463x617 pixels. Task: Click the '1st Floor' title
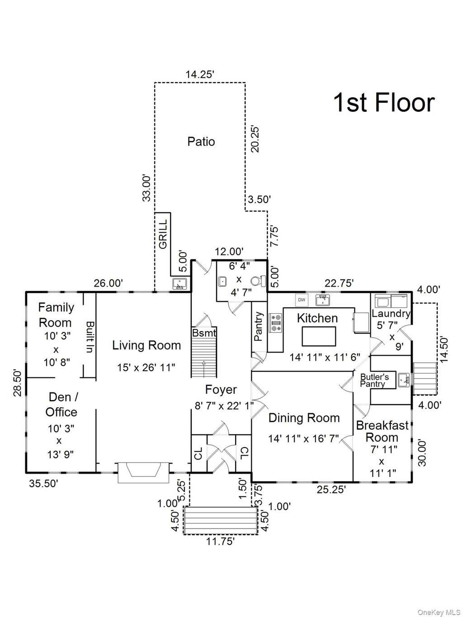384,103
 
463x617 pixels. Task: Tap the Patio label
201,141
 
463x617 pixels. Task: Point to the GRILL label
163,234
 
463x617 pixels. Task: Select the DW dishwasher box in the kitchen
302,300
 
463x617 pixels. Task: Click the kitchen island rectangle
319,336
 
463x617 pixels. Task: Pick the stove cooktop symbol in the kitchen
275,323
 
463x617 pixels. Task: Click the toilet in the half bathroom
258,281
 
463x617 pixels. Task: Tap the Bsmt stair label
204,333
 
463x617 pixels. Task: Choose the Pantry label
258,326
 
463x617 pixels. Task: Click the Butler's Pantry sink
403,380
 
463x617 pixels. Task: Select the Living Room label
146,345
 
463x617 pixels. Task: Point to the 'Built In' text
90,337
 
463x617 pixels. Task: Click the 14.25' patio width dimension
200,75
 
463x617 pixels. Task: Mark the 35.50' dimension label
43,484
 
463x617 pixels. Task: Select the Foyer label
221,390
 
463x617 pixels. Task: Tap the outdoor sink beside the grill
180,284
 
